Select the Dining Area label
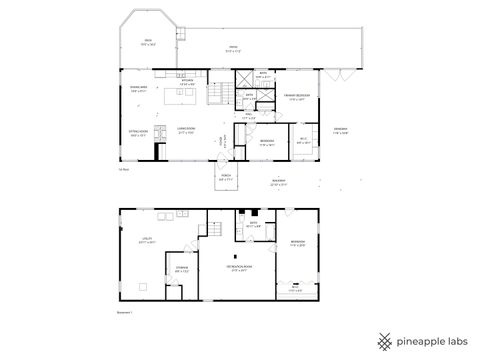coord(138,90)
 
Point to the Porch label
coord(227,177)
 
